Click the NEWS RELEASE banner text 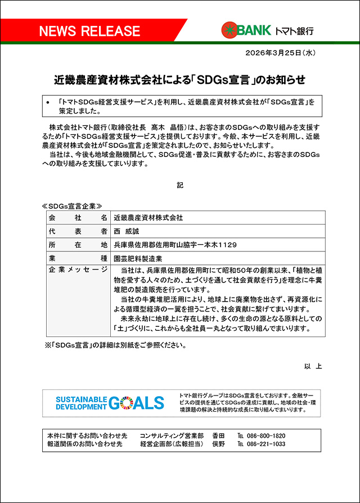(89, 31)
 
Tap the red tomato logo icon (228, 30)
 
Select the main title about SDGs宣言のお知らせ (179, 80)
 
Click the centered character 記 (180, 185)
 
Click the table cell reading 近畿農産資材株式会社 (148, 217)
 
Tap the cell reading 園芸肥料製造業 (138, 258)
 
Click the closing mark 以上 (313, 366)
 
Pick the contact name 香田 (218, 435)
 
